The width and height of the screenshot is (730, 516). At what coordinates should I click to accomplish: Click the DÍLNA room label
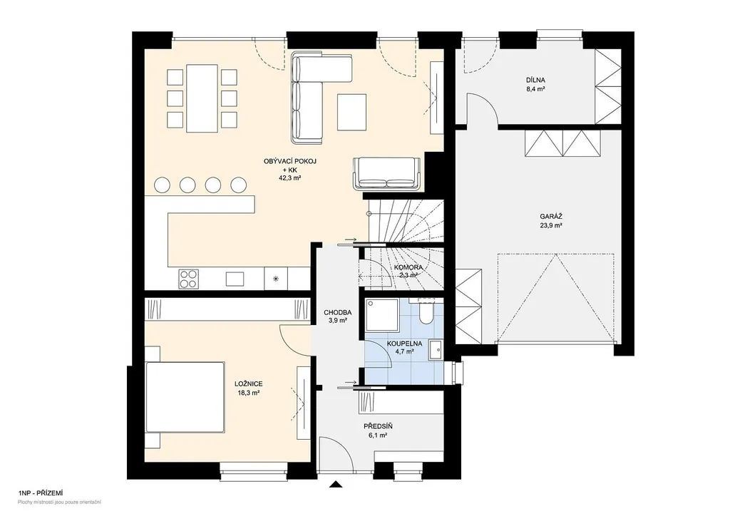535,80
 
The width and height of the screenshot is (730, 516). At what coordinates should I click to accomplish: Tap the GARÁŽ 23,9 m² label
551,220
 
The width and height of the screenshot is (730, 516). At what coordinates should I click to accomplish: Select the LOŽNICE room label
249,384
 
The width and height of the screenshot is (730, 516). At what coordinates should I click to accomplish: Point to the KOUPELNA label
405,344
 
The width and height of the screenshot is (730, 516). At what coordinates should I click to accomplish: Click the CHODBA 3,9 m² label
337,316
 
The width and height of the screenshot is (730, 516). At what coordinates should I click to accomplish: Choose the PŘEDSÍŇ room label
378,426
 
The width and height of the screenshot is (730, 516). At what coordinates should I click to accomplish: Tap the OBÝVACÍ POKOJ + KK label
290,165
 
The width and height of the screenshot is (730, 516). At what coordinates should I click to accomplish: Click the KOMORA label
408,267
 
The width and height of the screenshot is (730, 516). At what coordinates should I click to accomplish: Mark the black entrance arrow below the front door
335,485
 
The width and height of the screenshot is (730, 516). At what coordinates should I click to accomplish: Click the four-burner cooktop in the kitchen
188,279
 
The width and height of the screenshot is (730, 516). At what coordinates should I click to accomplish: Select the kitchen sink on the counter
235,279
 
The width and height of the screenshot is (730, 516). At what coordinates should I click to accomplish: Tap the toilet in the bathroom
426,311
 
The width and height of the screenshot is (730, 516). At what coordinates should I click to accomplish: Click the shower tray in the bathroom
382,315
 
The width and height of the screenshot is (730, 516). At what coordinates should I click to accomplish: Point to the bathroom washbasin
436,350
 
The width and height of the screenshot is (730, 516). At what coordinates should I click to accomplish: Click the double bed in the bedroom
184,398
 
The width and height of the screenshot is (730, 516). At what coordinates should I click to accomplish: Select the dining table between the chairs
202,98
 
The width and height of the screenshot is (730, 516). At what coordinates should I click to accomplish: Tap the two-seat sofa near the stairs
387,174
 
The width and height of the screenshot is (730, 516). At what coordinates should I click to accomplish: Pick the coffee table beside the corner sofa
352,112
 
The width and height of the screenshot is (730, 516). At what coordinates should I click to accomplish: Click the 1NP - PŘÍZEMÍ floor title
41,492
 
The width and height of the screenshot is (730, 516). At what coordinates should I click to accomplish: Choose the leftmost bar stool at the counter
163,185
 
